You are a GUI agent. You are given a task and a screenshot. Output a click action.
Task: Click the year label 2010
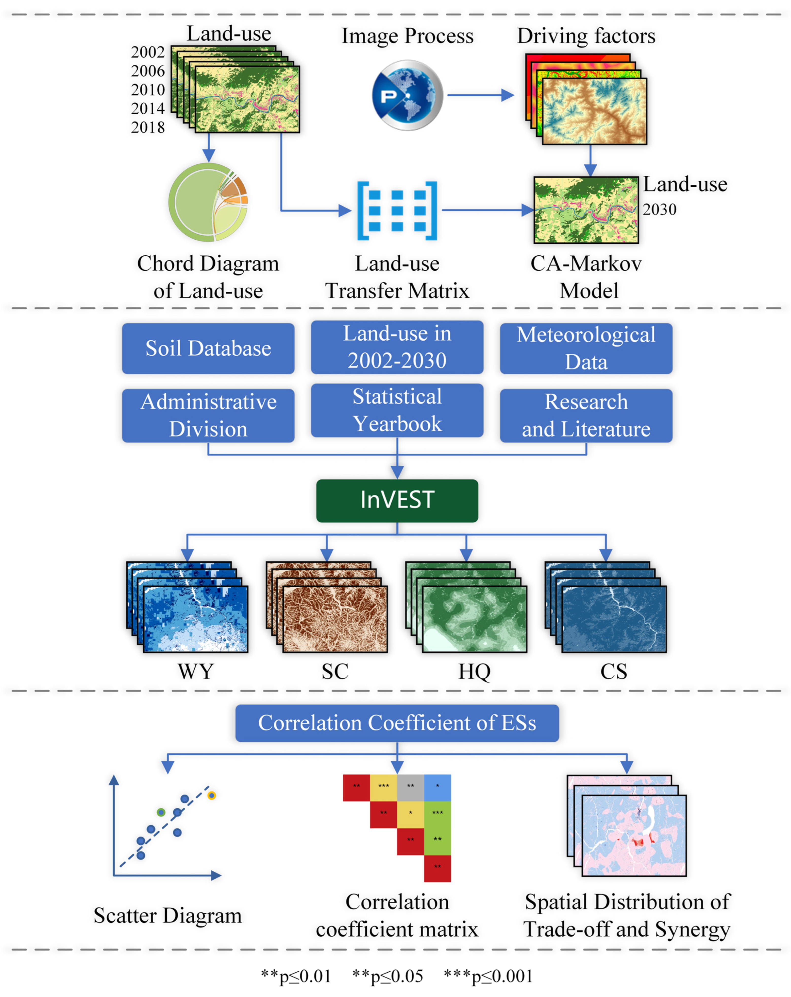[x=147, y=90]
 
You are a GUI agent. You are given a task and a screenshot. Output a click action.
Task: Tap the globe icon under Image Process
[x=407, y=95]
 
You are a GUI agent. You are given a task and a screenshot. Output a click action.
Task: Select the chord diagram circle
[x=208, y=202]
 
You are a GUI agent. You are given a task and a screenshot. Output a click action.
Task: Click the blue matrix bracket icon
[x=397, y=211]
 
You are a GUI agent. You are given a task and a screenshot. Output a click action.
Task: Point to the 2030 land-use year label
[x=659, y=209]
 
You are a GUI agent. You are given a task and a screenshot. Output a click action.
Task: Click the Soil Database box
[x=208, y=348]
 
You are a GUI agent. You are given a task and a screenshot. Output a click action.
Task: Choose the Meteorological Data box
[x=586, y=348]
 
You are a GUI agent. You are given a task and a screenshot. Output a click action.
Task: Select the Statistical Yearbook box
[x=397, y=410]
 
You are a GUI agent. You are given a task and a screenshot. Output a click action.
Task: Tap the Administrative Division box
[x=208, y=415]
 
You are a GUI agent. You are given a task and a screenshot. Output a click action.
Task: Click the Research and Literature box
[x=586, y=415]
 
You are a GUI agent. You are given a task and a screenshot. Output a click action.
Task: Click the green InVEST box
[x=397, y=500]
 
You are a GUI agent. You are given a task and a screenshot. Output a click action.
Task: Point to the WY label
[x=196, y=671]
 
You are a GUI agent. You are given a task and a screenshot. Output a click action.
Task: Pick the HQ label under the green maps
[x=474, y=671]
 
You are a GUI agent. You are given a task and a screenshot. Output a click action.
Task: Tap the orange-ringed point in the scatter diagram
[x=211, y=795]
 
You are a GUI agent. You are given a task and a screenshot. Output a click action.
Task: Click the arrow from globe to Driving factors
[x=480, y=95]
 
